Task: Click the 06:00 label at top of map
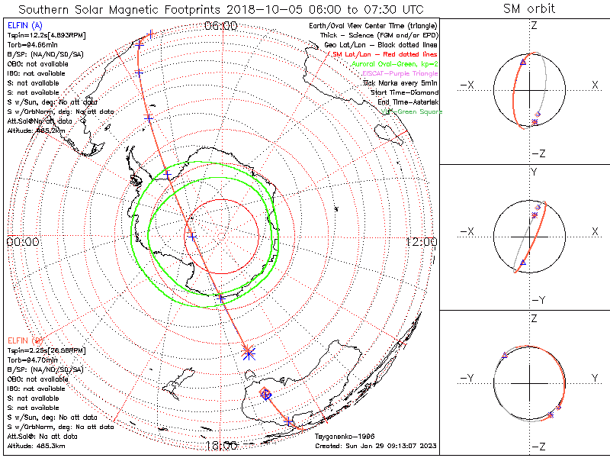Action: (221, 26)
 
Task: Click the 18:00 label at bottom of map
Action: (221, 445)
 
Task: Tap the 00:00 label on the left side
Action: (23, 242)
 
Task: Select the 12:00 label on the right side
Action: (421, 242)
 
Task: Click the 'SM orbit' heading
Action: (529, 10)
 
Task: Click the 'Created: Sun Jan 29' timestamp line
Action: (375, 445)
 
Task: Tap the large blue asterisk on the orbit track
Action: (248, 352)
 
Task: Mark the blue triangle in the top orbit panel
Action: (522, 62)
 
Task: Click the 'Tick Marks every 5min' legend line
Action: (401, 82)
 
